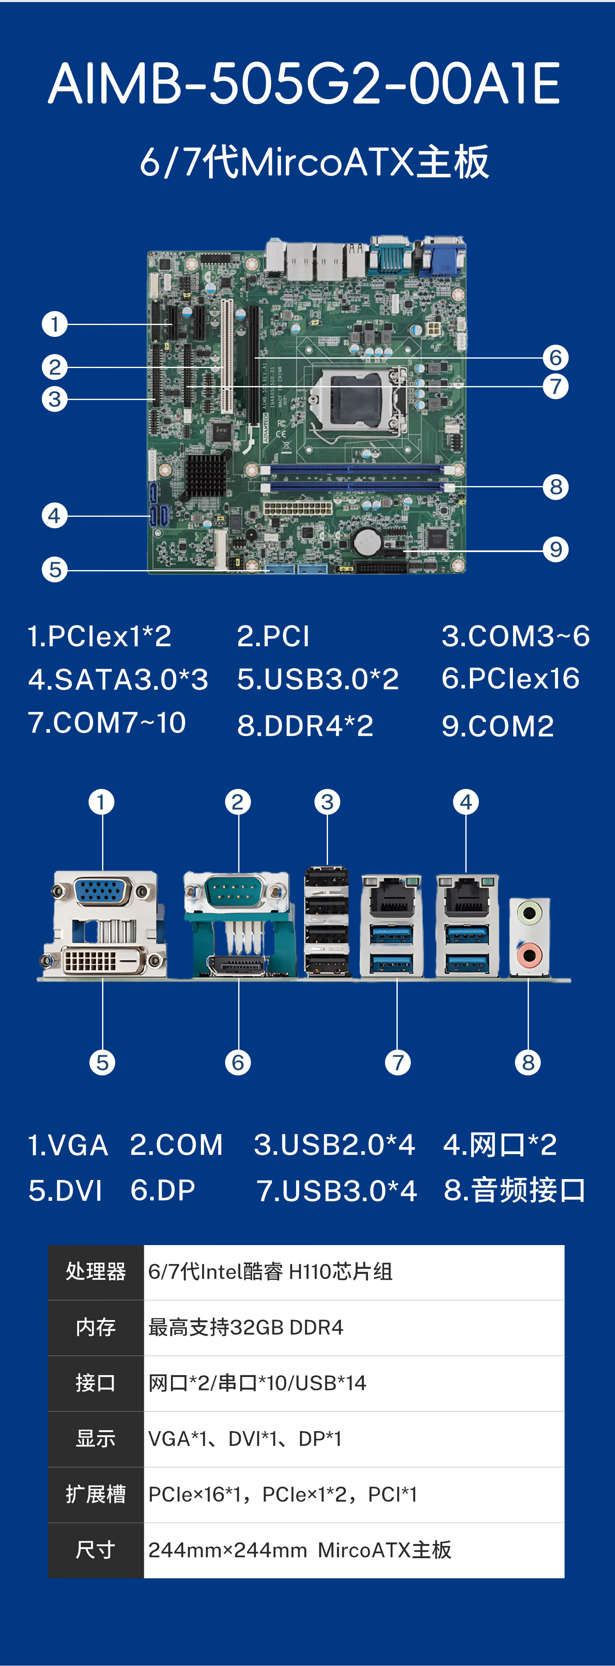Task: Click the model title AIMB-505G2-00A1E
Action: pyautogui.click(x=304, y=84)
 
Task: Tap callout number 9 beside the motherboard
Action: pyautogui.click(x=555, y=550)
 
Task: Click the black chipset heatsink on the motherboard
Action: pyautogui.click(x=206, y=474)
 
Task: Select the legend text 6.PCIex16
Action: pyautogui.click(x=510, y=678)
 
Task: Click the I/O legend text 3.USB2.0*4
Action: pyautogui.click(x=334, y=1145)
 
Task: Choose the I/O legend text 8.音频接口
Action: pyautogui.click(x=514, y=1191)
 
